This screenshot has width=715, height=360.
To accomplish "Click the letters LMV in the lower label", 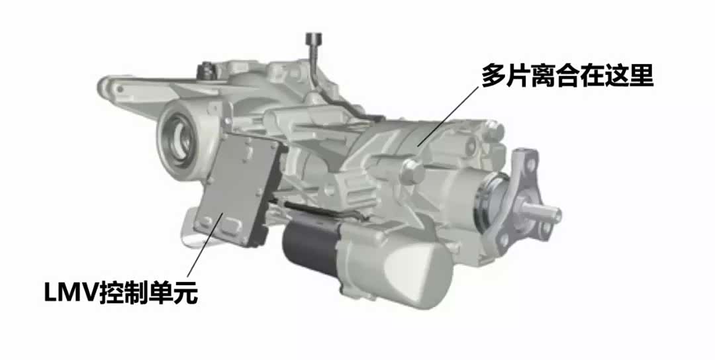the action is point(71,293).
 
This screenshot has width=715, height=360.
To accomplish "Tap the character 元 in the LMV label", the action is point(185,293).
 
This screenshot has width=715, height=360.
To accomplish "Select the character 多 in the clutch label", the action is point(494,75).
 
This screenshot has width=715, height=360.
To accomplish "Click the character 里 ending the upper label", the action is point(642,75).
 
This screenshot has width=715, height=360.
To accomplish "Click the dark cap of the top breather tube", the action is point(314,37).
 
